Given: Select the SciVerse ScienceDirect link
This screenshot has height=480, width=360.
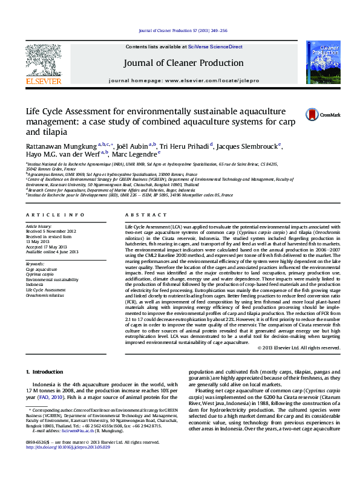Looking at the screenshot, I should [x=215, y=47].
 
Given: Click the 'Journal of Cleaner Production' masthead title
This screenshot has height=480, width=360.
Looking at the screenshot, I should [x=183, y=63].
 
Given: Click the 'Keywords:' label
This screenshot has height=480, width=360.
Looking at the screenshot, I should [x=35, y=264].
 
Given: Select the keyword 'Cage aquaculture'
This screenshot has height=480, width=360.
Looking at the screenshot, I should [x=42, y=270].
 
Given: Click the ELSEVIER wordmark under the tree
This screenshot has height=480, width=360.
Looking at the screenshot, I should [x=43, y=81].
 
